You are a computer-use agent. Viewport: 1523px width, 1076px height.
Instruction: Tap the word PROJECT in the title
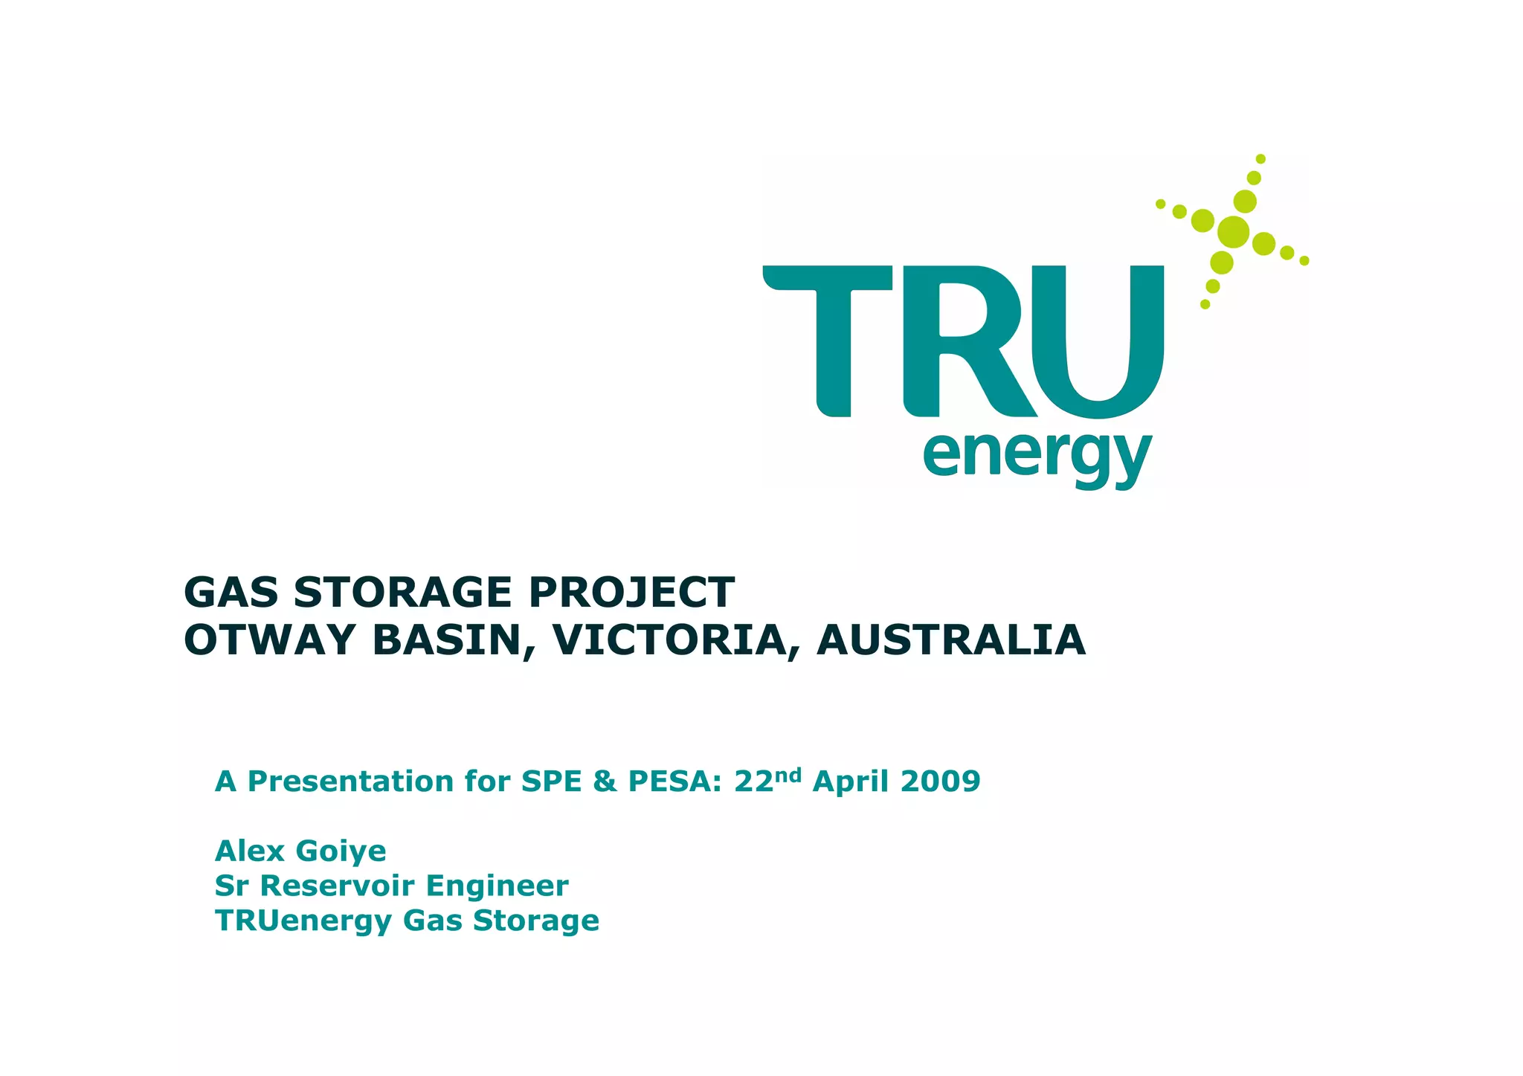coord(631,593)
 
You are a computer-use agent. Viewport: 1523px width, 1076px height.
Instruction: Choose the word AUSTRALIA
coord(950,640)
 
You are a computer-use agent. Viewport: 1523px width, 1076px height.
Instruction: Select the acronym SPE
coord(551,782)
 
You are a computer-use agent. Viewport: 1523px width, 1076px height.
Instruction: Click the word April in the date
coord(851,782)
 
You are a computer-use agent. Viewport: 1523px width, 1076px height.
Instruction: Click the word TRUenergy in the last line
coord(303,921)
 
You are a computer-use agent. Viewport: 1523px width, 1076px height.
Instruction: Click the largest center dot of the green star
coord(1233,232)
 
